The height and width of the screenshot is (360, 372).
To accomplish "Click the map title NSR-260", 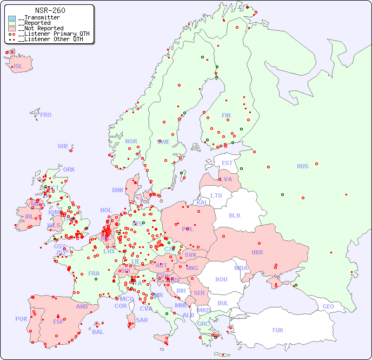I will (x=50, y=10).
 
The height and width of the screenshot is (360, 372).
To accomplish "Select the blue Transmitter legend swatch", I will (x=12, y=18).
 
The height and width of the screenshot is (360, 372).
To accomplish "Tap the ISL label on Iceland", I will (x=18, y=67).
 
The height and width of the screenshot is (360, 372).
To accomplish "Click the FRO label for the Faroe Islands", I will (x=46, y=115).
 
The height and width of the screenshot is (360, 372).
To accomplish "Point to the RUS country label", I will (x=302, y=166).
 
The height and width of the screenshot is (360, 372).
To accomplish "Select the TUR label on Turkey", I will (x=277, y=330).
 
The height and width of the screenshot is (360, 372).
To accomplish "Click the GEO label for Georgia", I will (x=328, y=306).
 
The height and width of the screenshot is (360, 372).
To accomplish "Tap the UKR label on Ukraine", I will (x=257, y=252).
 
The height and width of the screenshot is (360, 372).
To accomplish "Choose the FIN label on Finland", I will (x=226, y=115).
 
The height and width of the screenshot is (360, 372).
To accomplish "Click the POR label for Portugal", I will (x=21, y=319).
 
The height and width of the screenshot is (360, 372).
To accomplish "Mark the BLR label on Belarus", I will (x=234, y=215).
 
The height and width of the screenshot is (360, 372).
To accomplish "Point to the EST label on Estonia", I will (x=227, y=163).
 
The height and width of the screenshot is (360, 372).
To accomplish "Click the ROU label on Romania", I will (x=221, y=279).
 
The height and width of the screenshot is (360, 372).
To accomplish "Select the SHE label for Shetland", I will (x=63, y=146).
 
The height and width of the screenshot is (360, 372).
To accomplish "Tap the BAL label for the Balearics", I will (x=98, y=332).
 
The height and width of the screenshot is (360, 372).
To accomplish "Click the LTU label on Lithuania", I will (x=216, y=195).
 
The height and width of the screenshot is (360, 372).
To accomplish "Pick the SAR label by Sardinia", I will (x=142, y=320).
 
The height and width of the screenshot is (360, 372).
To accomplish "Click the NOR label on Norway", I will (x=131, y=141).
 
